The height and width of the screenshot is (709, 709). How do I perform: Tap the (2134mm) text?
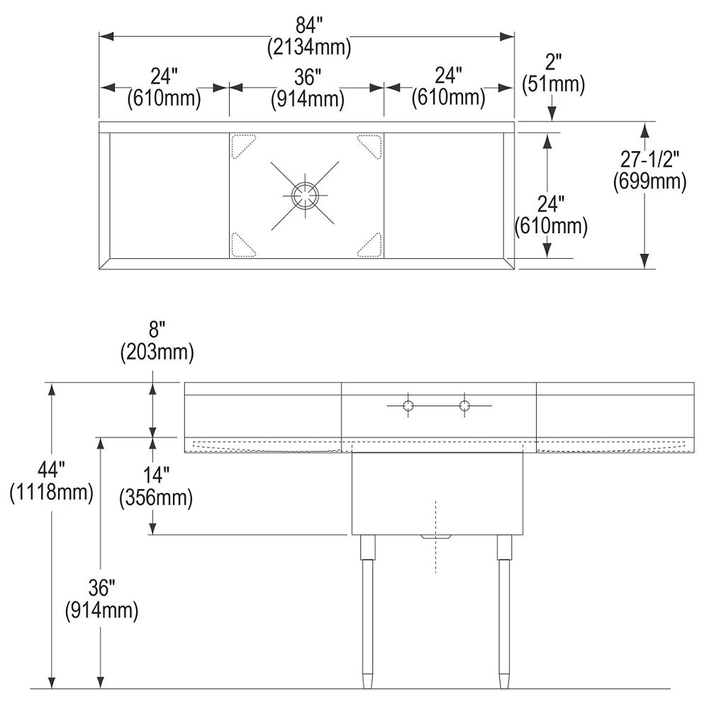point(309,47)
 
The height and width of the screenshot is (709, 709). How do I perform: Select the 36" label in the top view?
point(308,77)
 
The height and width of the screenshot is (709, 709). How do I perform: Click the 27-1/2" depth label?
point(649,160)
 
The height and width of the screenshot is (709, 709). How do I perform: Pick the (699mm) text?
point(649,182)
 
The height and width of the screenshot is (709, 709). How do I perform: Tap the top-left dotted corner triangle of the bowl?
point(244,146)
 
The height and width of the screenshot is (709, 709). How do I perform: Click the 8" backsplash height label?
point(157,330)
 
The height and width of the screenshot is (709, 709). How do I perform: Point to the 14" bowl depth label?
point(156,476)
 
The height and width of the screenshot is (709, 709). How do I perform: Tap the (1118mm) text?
point(51,492)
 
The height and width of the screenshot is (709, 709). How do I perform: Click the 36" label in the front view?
point(101,588)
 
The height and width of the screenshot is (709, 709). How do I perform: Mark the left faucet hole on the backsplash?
point(408,405)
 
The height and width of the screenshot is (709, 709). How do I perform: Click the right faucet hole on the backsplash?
point(464,405)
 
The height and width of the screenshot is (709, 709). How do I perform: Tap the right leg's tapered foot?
point(503,681)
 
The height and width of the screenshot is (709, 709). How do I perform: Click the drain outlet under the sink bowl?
point(436,537)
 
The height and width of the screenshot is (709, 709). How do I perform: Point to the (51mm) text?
point(554,84)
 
